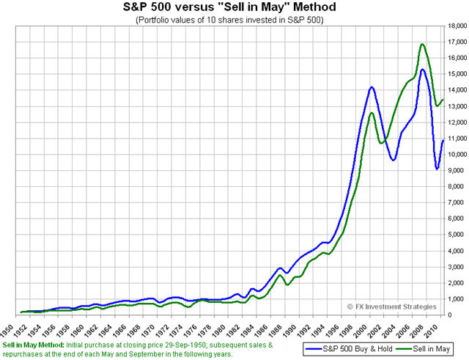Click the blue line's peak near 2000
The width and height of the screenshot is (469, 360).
[x=372, y=87]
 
